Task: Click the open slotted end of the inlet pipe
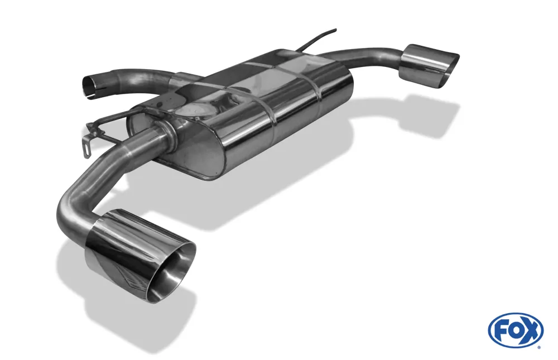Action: point(88,85)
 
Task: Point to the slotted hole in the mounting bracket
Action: point(85,150)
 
